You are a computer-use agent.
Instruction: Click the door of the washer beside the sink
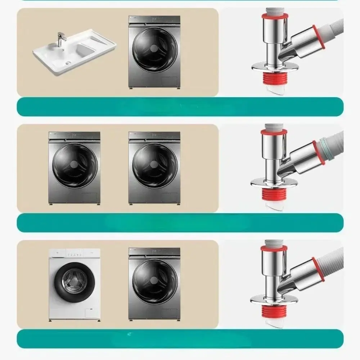point(154,48)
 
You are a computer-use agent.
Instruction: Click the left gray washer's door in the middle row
point(74,164)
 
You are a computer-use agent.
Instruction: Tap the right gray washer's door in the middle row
point(154,164)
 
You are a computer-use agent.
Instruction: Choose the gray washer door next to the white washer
point(154,280)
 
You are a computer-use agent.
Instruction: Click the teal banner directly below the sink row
point(180,107)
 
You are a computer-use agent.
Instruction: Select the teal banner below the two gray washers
point(180,222)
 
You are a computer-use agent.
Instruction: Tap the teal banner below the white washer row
point(180,338)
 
